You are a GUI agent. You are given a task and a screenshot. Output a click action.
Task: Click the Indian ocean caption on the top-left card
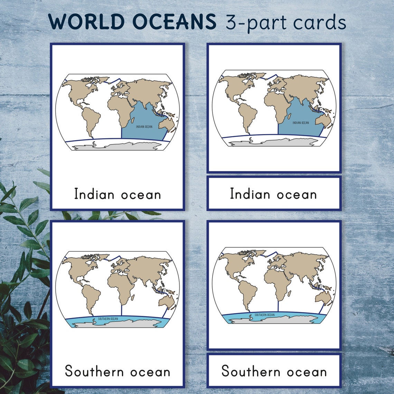point(118,194)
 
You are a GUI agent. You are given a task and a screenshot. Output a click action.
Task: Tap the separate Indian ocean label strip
point(274,194)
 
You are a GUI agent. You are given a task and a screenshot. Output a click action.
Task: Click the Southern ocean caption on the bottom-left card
point(118,372)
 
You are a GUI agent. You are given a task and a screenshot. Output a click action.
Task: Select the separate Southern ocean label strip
point(274,371)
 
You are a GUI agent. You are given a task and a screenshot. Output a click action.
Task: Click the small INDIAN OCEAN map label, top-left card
point(144,127)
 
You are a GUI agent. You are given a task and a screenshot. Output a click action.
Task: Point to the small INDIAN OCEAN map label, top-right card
point(301,123)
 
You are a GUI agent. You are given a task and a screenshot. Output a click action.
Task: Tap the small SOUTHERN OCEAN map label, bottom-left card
point(108,319)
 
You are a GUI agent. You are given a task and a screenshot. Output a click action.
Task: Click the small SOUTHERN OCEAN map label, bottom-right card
point(264,315)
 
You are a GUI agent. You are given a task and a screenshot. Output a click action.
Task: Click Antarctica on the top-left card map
point(118,146)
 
